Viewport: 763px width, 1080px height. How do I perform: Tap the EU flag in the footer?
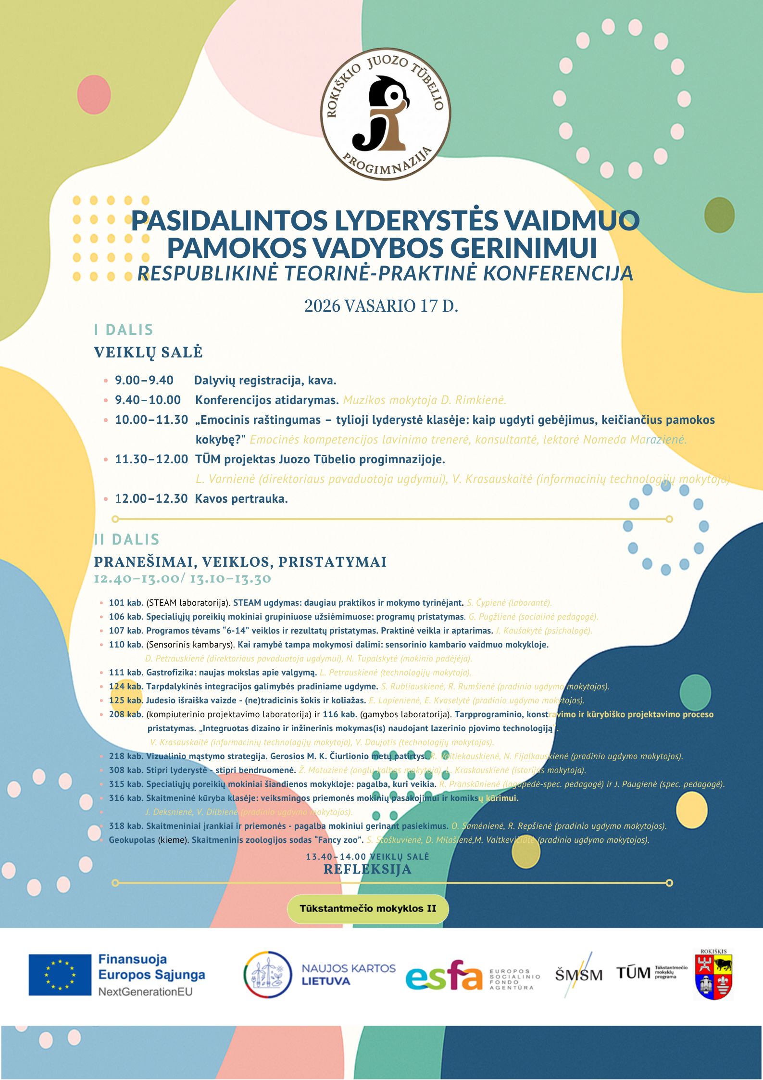click(60, 975)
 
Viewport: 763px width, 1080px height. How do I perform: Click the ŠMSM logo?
click(578, 975)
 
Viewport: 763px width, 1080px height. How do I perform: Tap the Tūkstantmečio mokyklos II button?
click(368, 909)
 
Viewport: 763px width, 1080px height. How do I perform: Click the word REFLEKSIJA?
click(368, 869)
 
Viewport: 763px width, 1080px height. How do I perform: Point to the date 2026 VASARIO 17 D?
click(381, 306)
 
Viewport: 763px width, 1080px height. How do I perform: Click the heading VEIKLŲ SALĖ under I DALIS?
click(148, 352)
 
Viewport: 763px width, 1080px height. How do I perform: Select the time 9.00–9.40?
click(144, 381)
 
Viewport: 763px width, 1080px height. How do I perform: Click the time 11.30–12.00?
click(151, 459)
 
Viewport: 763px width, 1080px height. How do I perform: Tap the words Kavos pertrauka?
click(241, 499)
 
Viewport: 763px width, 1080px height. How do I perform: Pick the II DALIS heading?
click(127, 539)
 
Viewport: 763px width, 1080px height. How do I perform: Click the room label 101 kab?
click(126, 603)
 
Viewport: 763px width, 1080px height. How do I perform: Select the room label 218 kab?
click(126, 756)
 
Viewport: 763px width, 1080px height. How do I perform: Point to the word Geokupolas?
click(132, 840)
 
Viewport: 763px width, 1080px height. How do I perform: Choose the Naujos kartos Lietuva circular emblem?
click(268, 975)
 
